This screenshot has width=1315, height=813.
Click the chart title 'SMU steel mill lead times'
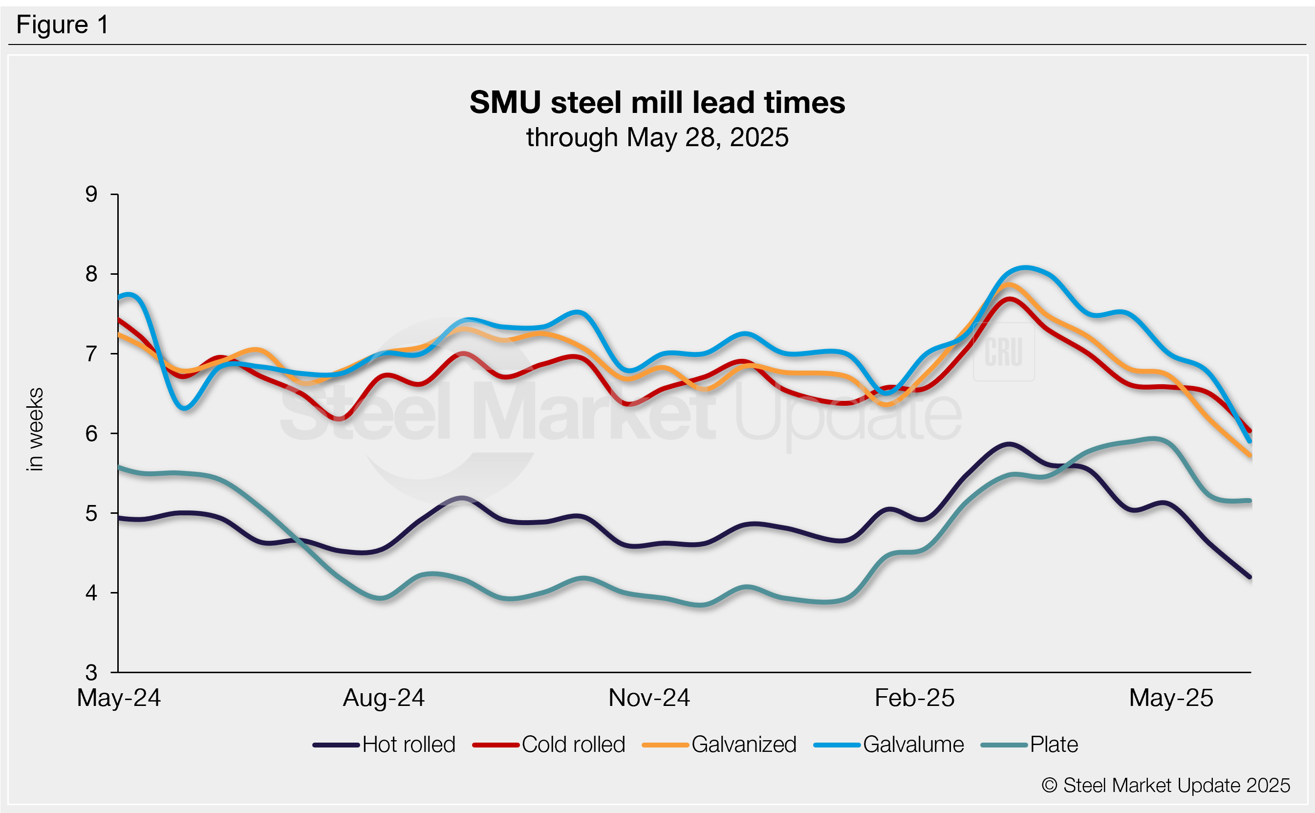657,102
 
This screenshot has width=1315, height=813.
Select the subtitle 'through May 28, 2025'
657,138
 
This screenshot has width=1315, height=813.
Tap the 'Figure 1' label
63,25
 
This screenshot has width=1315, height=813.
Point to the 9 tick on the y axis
91,194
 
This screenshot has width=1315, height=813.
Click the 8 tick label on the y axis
91,274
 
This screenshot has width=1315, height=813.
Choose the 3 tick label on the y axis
91,673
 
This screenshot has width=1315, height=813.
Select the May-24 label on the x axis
119,698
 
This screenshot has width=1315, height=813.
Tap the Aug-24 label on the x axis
384,698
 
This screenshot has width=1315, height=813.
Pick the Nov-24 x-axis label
648,698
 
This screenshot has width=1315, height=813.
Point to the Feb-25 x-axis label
915,698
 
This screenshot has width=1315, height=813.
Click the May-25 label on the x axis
1171,698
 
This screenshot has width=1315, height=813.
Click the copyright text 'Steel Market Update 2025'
1166,786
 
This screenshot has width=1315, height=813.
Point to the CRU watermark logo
1003,352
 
